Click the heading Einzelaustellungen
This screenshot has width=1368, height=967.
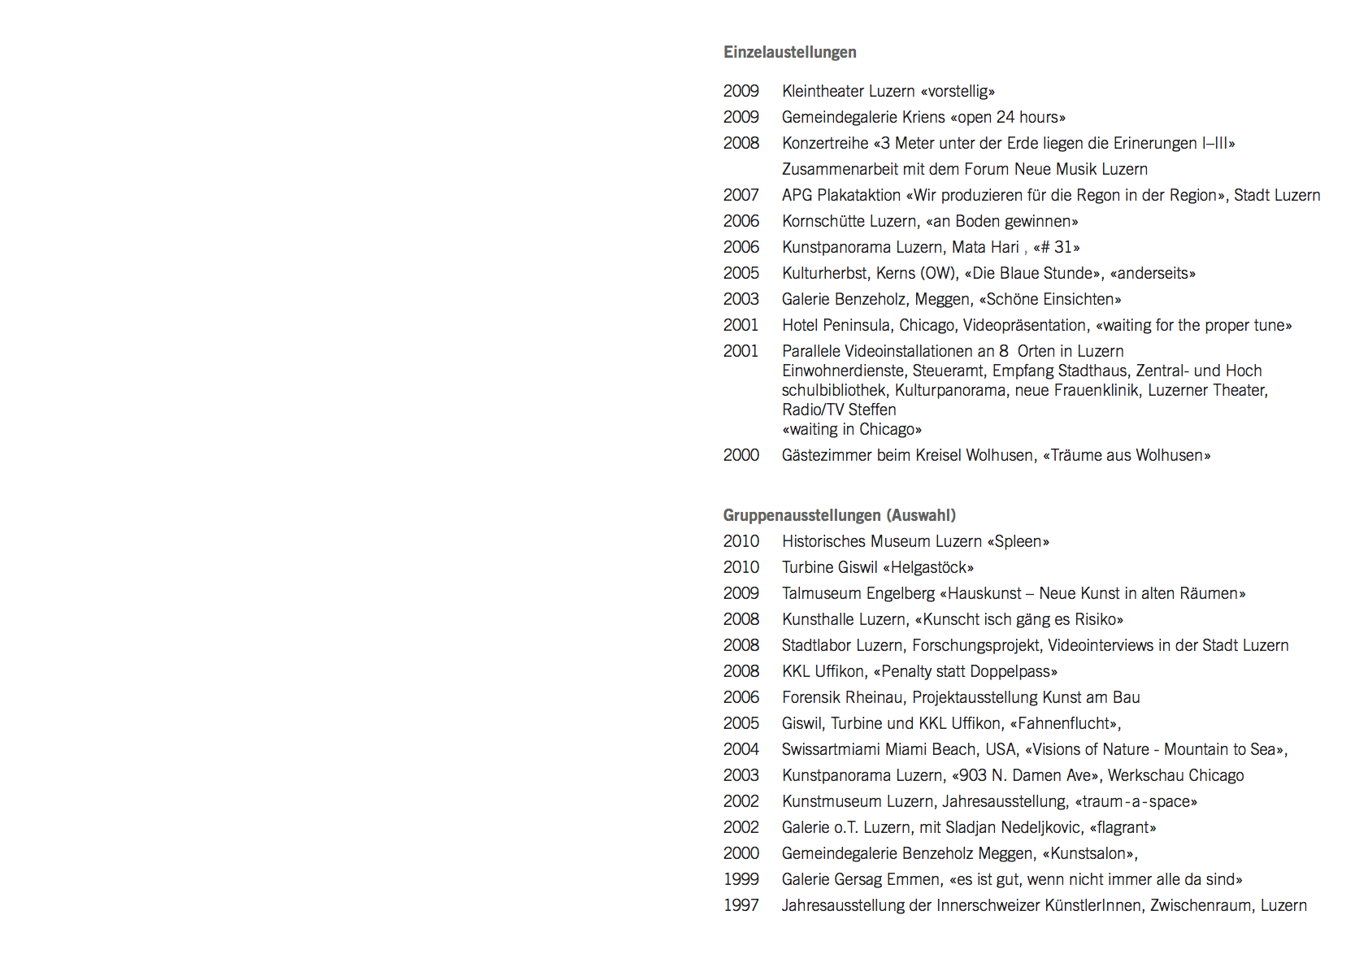(x=789, y=52)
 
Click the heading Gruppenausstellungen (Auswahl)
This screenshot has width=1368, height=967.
(x=839, y=515)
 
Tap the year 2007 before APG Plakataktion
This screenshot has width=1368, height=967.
(x=740, y=195)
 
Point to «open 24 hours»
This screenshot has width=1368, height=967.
(x=1007, y=117)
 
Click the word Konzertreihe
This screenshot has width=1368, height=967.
(x=825, y=143)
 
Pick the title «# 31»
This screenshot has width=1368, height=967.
(x=1056, y=247)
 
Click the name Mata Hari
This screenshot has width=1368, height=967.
(x=985, y=247)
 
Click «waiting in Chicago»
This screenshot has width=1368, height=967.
(x=851, y=429)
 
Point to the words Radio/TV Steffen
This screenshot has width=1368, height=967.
(x=838, y=410)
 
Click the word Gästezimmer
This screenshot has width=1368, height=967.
(x=827, y=455)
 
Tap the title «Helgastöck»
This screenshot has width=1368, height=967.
(x=927, y=567)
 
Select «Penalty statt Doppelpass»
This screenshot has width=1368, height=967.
(x=965, y=671)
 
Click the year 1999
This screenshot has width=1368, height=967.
(x=740, y=879)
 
